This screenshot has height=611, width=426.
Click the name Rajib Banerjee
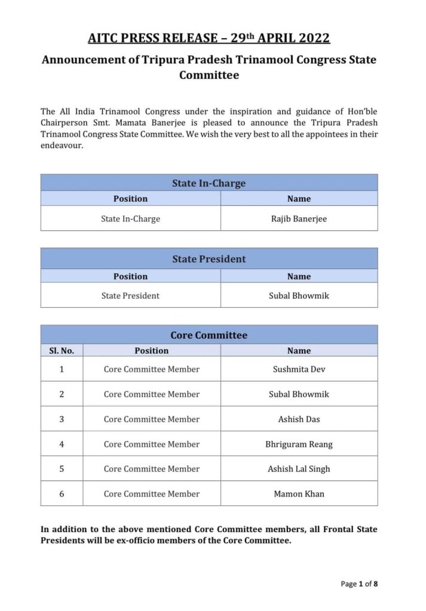pyautogui.click(x=299, y=218)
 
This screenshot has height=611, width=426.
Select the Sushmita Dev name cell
pyautogui.click(x=299, y=369)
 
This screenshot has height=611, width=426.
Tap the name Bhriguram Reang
pyautogui.click(x=299, y=444)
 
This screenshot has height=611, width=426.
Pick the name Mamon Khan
pyautogui.click(x=299, y=493)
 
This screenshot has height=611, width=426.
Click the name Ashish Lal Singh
pyautogui.click(x=299, y=469)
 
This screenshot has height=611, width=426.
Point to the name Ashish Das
pyautogui.click(x=299, y=419)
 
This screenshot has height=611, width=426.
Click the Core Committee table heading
pyautogui.click(x=209, y=335)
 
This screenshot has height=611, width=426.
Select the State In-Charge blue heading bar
pyautogui.click(x=209, y=183)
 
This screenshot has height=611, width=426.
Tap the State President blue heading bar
pyautogui.click(x=209, y=259)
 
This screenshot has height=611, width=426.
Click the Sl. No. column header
pyautogui.click(x=62, y=351)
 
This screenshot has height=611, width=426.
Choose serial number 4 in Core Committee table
pyautogui.click(x=62, y=444)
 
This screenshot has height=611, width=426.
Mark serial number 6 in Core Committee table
pyautogui.click(x=62, y=493)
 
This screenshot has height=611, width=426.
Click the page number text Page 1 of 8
pyautogui.click(x=358, y=584)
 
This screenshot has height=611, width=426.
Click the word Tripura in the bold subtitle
pyautogui.click(x=173, y=60)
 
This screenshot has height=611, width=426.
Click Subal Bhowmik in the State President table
pyautogui.click(x=299, y=295)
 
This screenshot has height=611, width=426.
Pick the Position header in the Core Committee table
pyautogui.click(x=151, y=351)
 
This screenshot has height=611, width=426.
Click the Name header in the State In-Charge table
pyautogui.click(x=299, y=199)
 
